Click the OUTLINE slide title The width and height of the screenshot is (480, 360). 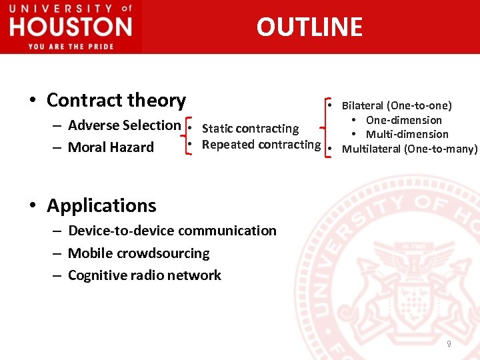click(309, 27)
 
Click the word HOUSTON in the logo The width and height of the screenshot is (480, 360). click(71, 27)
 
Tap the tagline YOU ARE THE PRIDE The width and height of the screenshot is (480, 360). click(71, 46)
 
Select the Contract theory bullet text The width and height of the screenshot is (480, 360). click(116, 100)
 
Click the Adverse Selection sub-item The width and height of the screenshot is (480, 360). click(124, 125)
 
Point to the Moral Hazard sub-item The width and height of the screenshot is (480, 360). click(111, 147)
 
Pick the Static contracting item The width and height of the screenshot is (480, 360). click(250, 129)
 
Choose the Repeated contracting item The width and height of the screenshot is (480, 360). click(261, 145)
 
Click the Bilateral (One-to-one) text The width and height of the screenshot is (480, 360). click(397, 105)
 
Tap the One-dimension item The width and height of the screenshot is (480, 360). click(403, 120)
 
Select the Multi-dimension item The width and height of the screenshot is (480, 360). click(407, 135)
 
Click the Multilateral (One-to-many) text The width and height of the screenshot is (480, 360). click(409, 149)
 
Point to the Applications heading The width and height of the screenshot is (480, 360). click(101, 205)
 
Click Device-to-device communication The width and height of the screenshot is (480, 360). click(172, 231)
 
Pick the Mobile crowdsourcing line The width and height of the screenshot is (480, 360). click(139, 253)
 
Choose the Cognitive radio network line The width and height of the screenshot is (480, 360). click(145, 275)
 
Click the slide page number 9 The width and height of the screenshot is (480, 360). click(449, 343)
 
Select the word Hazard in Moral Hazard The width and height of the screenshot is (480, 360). click(132, 147)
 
